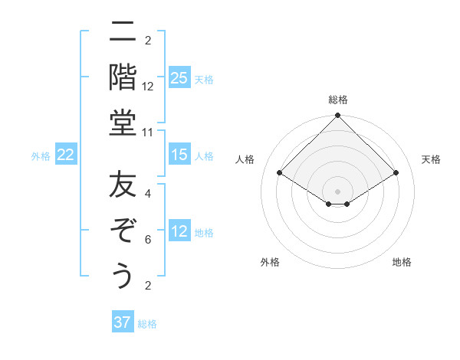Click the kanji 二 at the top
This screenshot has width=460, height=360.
click(x=123, y=32)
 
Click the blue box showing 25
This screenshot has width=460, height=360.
click(x=179, y=77)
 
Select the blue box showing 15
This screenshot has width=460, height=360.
click(x=179, y=155)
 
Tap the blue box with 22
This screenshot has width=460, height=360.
click(x=66, y=155)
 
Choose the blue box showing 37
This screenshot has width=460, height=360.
click(x=122, y=322)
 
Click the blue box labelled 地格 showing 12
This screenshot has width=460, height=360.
click(x=179, y=231)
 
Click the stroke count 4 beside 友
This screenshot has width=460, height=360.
click(x=148, y=194)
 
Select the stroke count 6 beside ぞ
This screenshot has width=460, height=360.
click(x=148, y=240)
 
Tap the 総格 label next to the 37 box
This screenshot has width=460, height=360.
click(x=148, y=324)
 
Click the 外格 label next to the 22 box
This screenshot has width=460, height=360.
click(x=41, y=156)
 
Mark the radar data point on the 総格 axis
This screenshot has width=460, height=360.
click(x=337, y=116)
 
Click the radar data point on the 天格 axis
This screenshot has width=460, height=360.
click(x=396, y=173)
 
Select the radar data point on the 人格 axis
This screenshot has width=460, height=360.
click(x=280, y=173)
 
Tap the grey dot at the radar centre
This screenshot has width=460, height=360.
click(x=337, y=191)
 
